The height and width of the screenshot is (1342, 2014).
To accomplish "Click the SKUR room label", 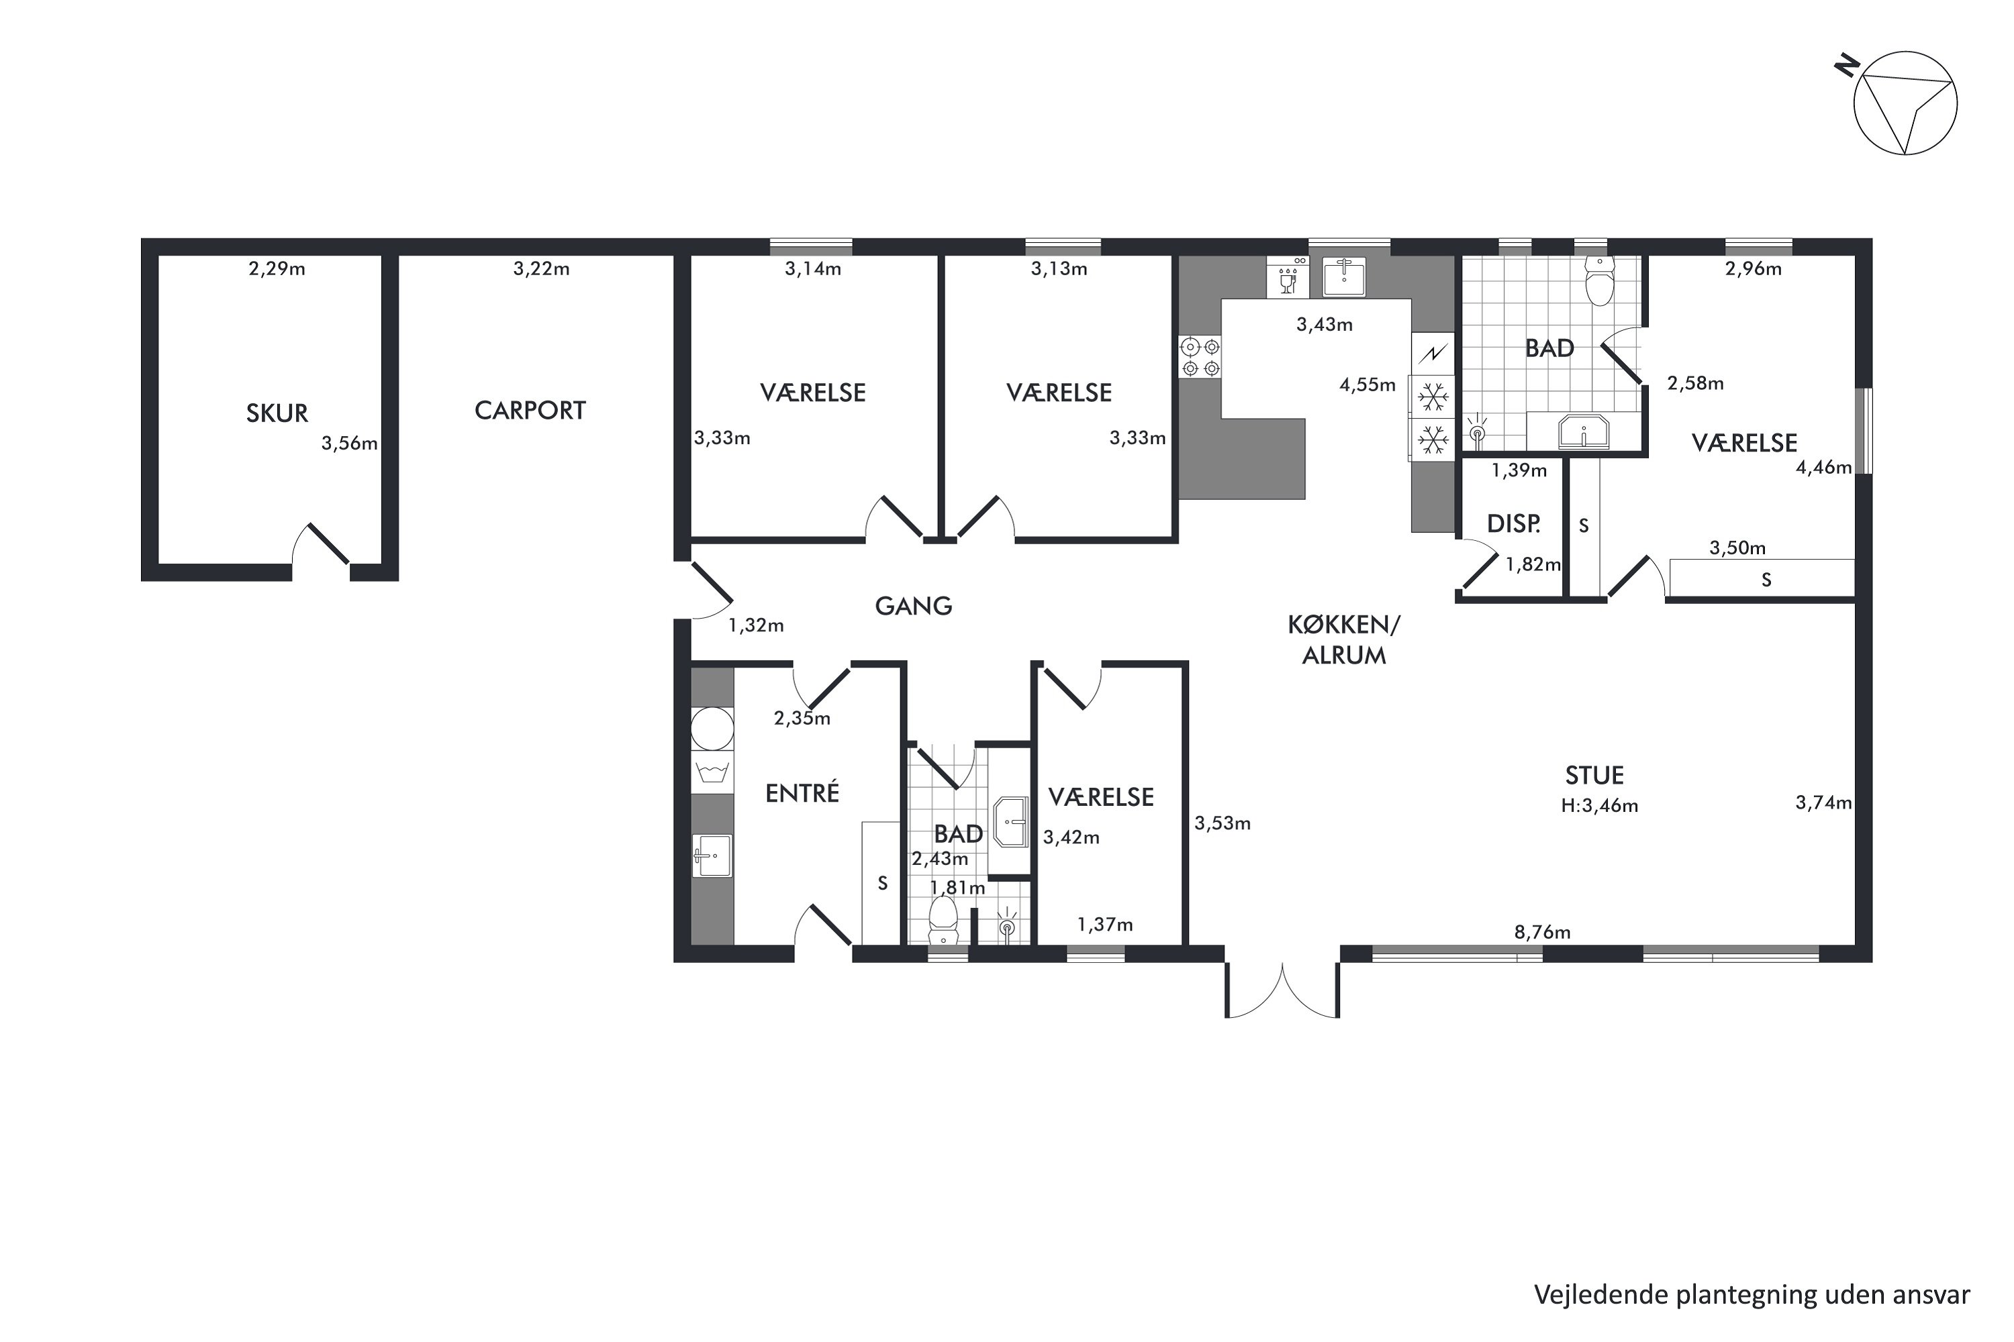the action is point(277,413).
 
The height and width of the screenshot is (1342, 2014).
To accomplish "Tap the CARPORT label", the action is point(530,411).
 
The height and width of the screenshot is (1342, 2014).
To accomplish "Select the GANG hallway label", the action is point(913,606).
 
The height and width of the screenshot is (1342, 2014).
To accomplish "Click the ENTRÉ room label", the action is point(802,792).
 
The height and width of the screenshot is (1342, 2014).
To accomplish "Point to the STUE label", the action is point(1594,776).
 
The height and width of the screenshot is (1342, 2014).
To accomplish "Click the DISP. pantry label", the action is point(1513,524).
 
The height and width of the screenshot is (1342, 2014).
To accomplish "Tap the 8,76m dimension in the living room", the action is point(1542,932).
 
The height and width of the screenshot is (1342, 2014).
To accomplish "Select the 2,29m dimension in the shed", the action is point(277,269).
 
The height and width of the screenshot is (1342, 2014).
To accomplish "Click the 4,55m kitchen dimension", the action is point(1368,385).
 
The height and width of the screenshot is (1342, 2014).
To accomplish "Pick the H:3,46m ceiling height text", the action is point(1598,805).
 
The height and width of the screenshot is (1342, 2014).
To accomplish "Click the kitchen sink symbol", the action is point(1343,276).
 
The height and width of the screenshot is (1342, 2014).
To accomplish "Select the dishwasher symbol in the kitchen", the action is point(1287,276).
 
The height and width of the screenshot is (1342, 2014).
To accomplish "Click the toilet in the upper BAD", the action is point(1598,280).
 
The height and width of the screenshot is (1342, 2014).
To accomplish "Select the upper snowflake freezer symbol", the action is point(1433,397).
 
